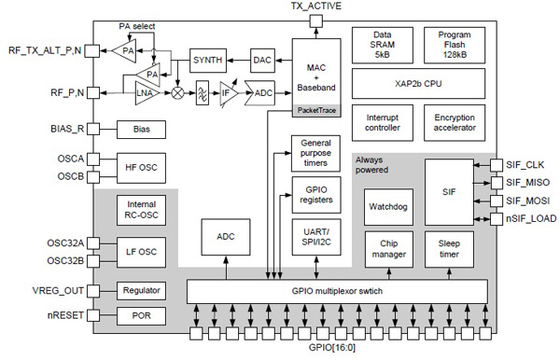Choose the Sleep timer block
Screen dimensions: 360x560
click(x=455, y=248)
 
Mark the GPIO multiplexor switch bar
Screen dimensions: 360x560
click(x=336, y=290)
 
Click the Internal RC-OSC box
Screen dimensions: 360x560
click(x=139, y=210)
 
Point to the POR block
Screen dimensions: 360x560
click(x=139, y=316)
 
